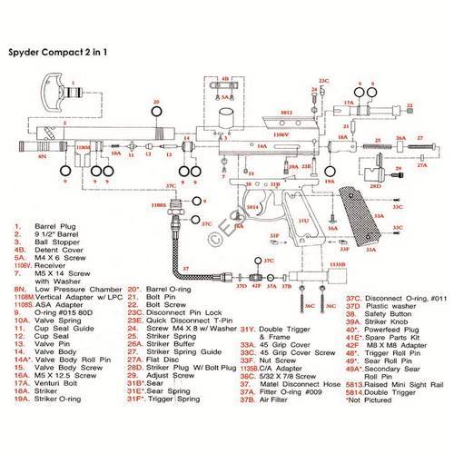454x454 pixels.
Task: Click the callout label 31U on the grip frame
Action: coord(302,221)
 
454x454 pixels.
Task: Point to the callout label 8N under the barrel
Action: coord(42,156)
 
